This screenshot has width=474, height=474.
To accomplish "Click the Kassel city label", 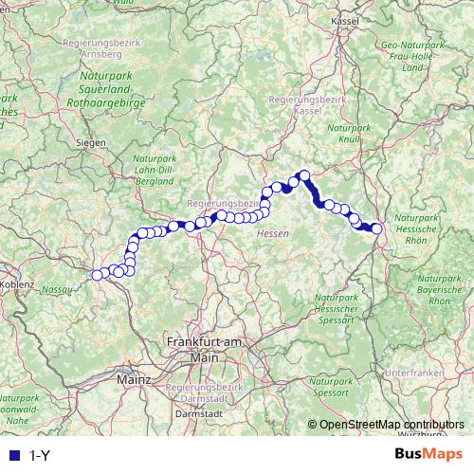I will [344, 19].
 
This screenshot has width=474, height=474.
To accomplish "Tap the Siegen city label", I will [91, 143].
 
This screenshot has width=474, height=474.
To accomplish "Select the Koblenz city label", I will [18, 283].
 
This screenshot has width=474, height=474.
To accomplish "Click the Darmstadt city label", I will [200, 413].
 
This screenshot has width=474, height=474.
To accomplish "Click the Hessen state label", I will [272, 233].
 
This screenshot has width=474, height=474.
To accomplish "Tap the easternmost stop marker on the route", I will [376, 228].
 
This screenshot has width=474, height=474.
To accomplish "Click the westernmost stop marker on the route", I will [96, 275].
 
